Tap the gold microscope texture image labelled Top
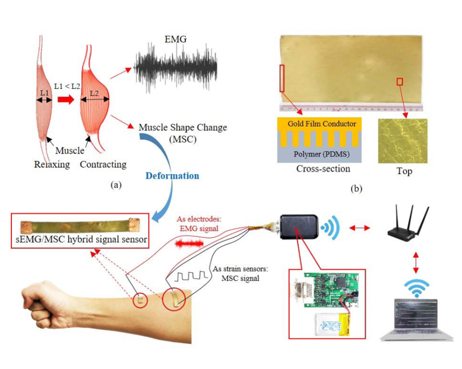(402, 141)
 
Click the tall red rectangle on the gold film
(282, 78)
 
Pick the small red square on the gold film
(400, 82)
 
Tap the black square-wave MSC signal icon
(191, 277)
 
